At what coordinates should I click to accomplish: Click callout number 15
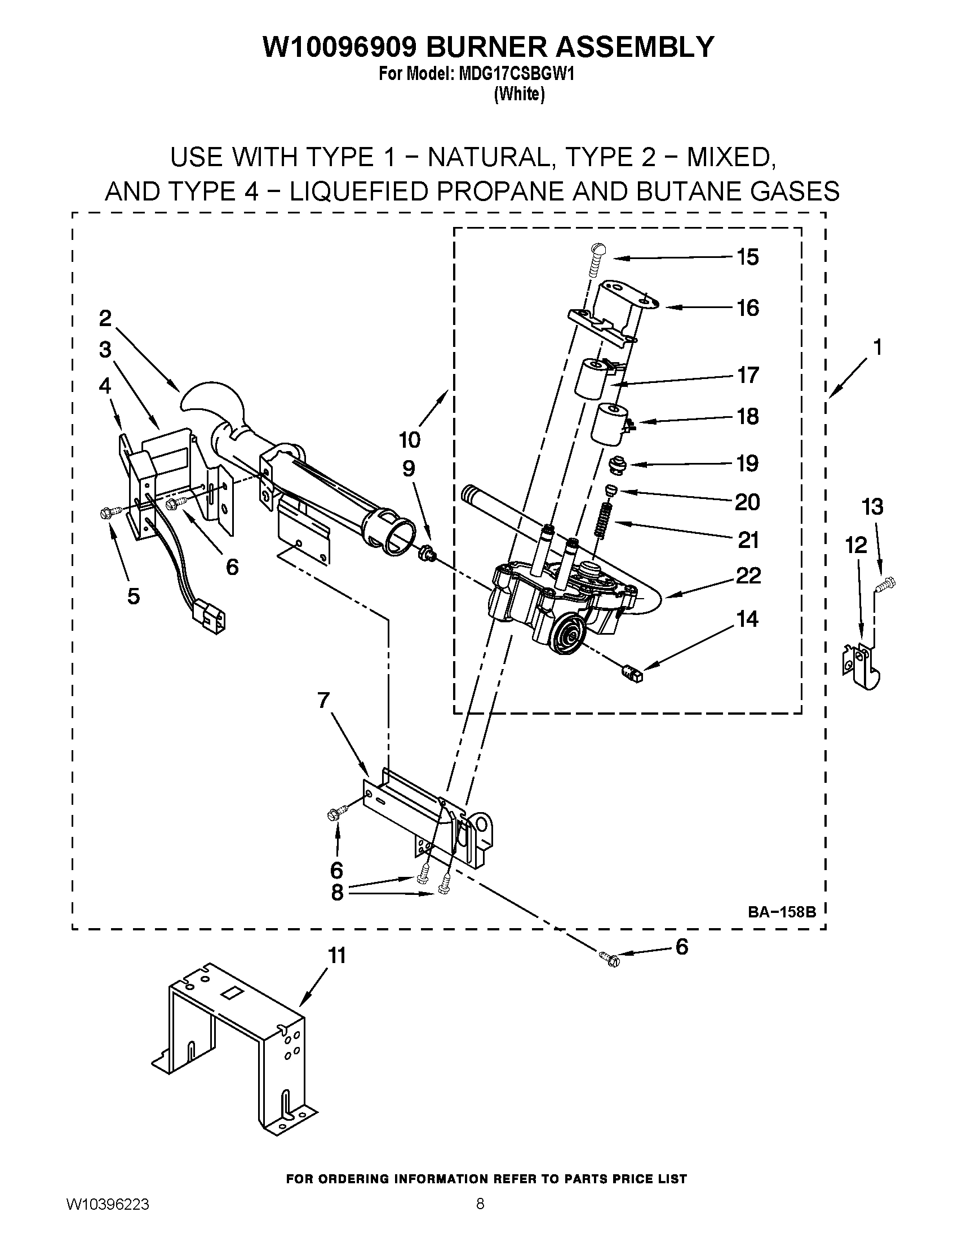747,257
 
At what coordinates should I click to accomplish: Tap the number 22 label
748,576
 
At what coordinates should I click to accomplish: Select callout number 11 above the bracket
337,956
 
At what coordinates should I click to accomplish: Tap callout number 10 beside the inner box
409,440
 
